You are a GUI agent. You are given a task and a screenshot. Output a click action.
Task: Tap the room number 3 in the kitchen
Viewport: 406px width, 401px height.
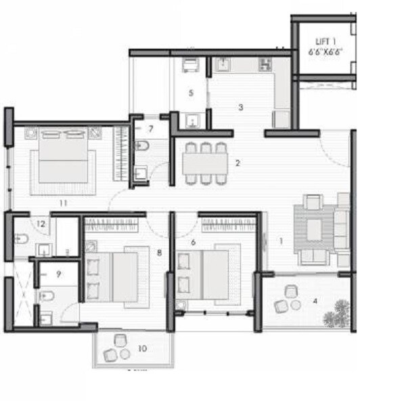(x=240, y=107)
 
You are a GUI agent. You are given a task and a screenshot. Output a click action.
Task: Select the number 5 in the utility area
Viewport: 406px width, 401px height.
(x=191, y=93)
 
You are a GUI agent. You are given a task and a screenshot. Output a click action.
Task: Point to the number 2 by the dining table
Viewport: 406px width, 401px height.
(x=238, y=163)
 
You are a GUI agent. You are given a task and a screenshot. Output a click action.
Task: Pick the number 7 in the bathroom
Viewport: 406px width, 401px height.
(x=151, y=127)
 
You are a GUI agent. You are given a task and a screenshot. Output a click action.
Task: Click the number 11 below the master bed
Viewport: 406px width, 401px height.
(x=62, y=203)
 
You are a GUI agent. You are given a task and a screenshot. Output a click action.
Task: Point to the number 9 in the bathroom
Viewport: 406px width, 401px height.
(x=59, y=274)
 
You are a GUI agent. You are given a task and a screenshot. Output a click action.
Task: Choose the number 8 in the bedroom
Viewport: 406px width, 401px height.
(x=159, y=253)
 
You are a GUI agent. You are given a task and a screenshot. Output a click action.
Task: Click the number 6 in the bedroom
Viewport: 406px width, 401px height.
(x=193, y=242)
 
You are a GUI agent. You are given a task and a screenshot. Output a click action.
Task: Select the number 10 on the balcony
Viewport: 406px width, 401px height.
(x=141, y=349)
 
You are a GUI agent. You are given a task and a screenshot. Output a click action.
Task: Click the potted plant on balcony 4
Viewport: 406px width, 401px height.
(x=334, y=317)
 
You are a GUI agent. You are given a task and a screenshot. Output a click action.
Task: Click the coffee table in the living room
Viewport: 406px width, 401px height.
(x=314, y=229)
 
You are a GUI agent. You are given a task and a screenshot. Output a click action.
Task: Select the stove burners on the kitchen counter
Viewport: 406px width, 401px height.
(x=265, y=65)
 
